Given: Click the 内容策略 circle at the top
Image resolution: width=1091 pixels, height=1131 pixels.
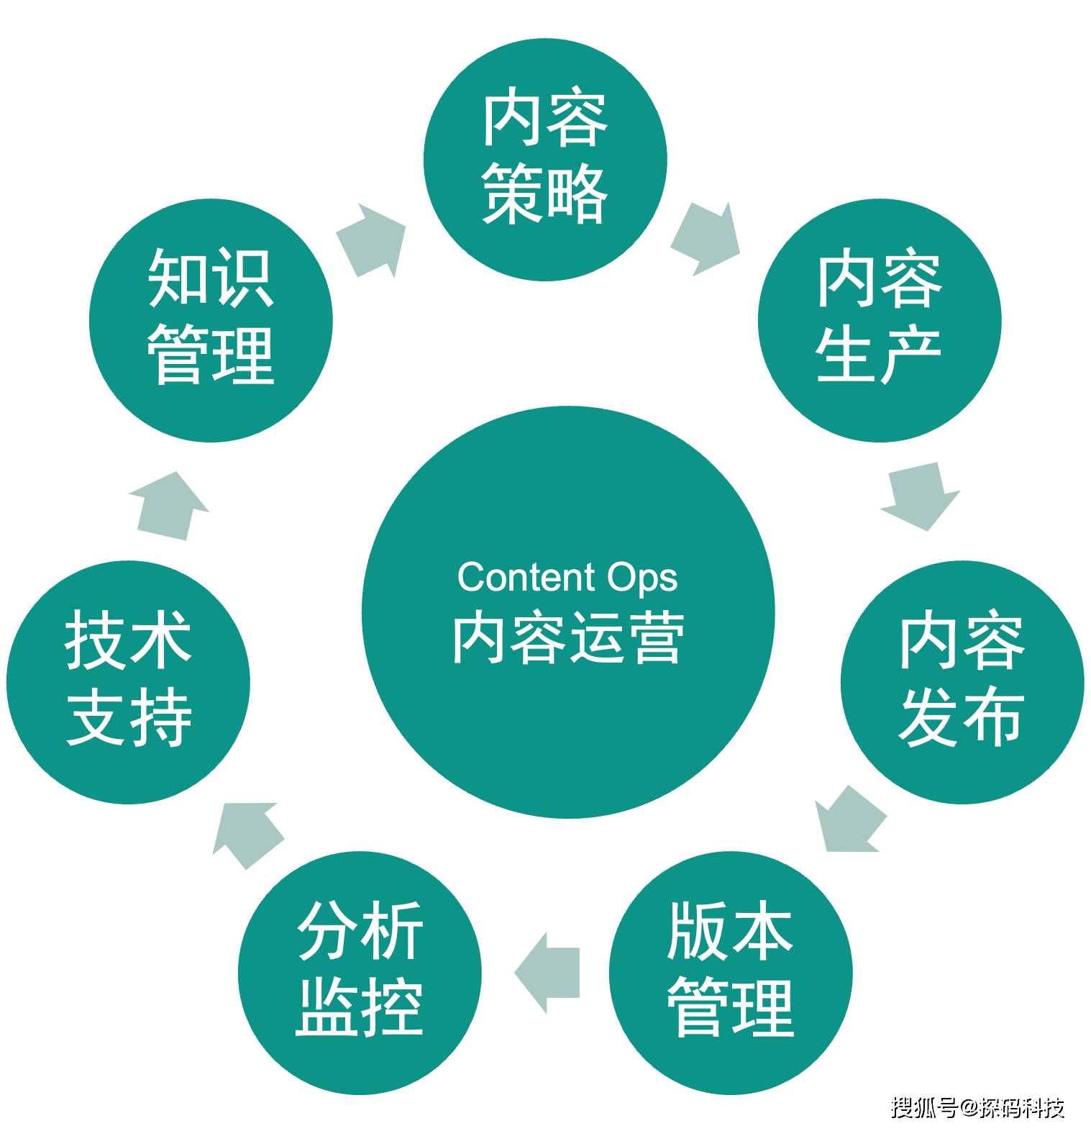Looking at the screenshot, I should [x=545, y=158].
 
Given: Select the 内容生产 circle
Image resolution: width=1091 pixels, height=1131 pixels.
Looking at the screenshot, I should [x=879, y=319].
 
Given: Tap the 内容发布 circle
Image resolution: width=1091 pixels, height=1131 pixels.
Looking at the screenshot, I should [x=962, y=681].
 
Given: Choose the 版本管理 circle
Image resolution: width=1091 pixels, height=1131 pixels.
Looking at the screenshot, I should [x=731, y=972].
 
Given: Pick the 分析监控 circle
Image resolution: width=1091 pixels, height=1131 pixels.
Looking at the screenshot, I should [x=360, y=972].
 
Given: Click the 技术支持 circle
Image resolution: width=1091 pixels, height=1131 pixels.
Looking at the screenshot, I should [x=129, y=681].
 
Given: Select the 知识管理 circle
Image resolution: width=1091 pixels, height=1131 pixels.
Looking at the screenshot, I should [x=211, y=319].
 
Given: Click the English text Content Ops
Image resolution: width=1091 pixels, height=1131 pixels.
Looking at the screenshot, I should [x=567, y=577].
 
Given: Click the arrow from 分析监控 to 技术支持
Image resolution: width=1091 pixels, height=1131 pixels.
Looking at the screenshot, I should [x=247, y=834].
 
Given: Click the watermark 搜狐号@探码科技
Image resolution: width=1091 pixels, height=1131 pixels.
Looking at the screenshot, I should [x=976, y=1106].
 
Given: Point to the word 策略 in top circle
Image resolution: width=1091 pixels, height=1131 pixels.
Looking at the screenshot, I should [x=545, y=194].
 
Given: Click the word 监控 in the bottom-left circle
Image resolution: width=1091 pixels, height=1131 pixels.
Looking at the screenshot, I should [x=360, y=1007].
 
